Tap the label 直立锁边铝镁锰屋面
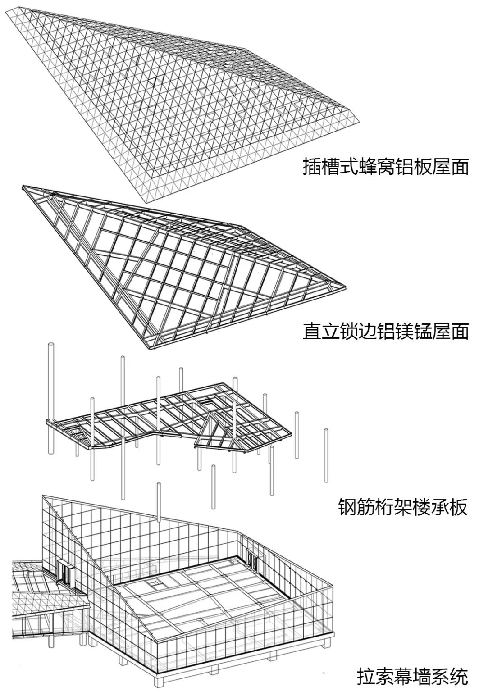385,332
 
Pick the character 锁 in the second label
350,332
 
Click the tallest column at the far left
50,396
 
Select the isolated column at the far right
326,455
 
